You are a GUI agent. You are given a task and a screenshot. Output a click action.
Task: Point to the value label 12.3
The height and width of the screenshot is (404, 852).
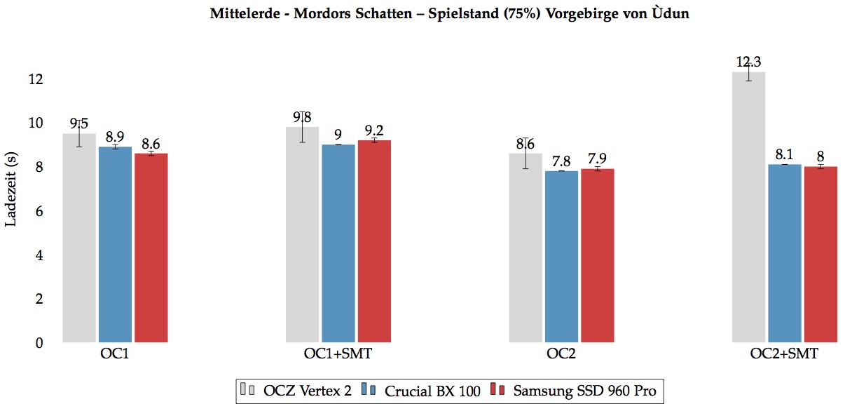point(748,62)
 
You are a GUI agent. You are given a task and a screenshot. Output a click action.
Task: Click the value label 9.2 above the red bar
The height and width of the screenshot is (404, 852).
point(374,130)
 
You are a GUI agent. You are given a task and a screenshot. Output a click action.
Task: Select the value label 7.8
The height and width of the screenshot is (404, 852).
point(561,161)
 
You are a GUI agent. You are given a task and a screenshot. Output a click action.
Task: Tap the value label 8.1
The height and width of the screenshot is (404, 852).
point(785,154)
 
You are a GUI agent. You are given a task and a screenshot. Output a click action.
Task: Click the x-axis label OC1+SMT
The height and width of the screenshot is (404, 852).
point(338,355)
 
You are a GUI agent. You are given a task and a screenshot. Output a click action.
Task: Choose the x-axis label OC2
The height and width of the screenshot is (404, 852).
point(561,355)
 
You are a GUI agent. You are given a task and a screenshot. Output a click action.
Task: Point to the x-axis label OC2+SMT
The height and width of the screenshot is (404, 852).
point(785,355)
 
